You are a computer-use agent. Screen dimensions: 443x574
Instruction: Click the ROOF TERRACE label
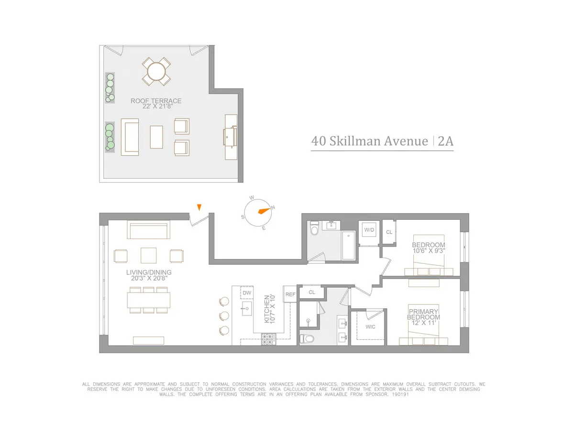156,101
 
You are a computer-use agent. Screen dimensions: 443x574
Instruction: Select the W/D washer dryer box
369,230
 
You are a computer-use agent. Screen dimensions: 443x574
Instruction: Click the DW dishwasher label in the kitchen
247,292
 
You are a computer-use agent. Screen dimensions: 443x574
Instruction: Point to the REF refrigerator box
290,294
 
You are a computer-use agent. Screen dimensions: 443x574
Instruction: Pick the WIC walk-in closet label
370,327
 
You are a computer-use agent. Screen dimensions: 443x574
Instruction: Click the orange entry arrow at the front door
199,206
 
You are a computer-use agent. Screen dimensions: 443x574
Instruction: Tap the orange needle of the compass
263,211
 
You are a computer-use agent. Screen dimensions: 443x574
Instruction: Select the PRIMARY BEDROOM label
423,314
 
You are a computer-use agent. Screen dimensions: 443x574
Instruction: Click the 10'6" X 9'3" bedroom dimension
428,250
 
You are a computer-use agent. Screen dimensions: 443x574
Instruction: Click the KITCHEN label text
266,309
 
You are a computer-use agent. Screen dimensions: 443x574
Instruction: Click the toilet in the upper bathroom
314,230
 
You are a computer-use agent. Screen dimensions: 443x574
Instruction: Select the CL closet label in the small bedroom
389,232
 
